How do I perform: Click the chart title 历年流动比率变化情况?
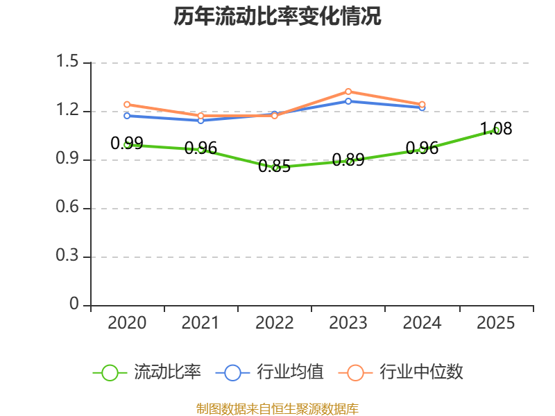[277, 16]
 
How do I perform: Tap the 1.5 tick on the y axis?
[67, 61]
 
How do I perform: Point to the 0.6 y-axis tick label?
[67, 207]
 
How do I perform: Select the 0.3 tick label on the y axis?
[67, 255]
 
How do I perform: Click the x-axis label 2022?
[274, 323]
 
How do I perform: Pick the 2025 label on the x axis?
[495, 323]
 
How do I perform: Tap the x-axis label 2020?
[127, 323]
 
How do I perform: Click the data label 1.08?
[496, 129]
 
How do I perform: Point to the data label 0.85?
[274, 166]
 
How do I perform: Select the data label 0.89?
[348, 160]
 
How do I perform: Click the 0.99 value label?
[127, 144]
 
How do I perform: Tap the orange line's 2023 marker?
[348, 92]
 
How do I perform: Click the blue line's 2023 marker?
[348, 101]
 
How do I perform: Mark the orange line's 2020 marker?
[127, 105]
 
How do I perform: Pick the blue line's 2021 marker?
[200, 121]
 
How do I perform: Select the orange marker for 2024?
[422, 105]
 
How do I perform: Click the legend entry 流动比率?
[147, 372]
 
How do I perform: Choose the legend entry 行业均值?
[270, 372]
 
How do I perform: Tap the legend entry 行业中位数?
[401, 372]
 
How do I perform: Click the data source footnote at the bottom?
[277, 409]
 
